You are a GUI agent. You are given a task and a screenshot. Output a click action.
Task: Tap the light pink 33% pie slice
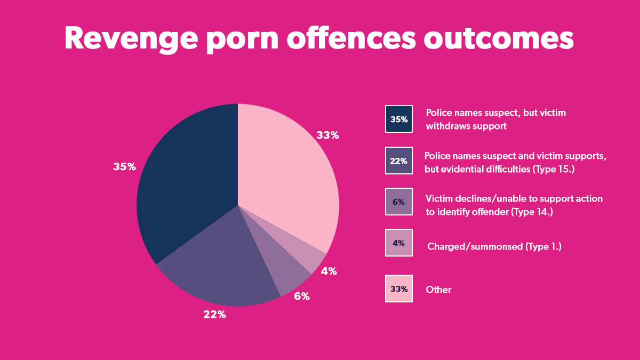pyautogui.click(x=288, y=176)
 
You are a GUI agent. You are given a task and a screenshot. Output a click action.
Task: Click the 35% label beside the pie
pyautogui.click(x=124, y=167)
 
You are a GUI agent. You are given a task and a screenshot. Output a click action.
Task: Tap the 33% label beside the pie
pyautogui.click(x=327, y=135)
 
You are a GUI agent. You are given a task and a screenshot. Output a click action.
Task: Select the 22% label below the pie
pyautogui.click(x=214, y=315)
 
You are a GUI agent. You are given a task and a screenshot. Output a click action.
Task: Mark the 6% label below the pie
pyautogui.click(x=301, y=296)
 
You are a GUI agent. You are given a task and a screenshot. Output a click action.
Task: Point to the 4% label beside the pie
pyautogui.click(x=329, y=271)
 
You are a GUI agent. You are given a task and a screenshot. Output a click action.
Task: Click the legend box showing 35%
pyautogui.click(x=398, y=119)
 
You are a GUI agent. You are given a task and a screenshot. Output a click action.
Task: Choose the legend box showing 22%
pyautogui.click(x=398, y=161)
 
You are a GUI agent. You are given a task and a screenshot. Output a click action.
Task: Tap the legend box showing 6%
pyautogui.click(x=398, y=202)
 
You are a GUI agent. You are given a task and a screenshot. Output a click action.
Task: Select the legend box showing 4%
pyautogui.click(x=398, y=243)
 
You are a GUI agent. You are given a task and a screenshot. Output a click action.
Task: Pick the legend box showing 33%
pyautogui.click(x=398, y=289)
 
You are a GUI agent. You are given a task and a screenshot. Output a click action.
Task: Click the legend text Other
pyautogui.click(x=438, y=290)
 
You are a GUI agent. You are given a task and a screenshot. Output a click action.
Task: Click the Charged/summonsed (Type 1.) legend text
pyautogui.click(x=494, y=246)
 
